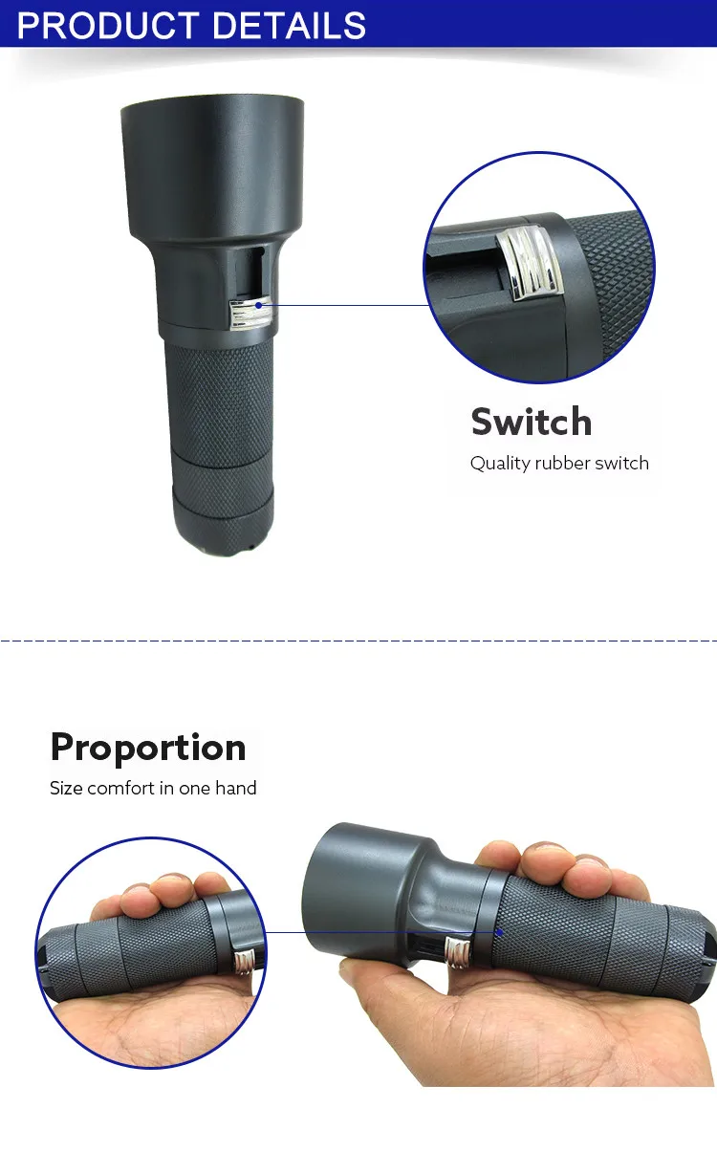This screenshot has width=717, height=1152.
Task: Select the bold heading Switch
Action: [x=531, y=422]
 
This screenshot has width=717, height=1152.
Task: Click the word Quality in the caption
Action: [x=499, y=464]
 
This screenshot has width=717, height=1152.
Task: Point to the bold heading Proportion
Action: [x=148, y=747]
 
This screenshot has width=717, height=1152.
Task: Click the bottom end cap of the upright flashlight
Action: [x=220, y=531]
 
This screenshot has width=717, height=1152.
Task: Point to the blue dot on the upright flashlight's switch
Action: [x=258, y=305]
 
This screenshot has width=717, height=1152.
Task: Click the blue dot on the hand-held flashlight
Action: [x=498, y=930]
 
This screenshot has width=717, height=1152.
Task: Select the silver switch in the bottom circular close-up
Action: [x=247, y=959]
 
